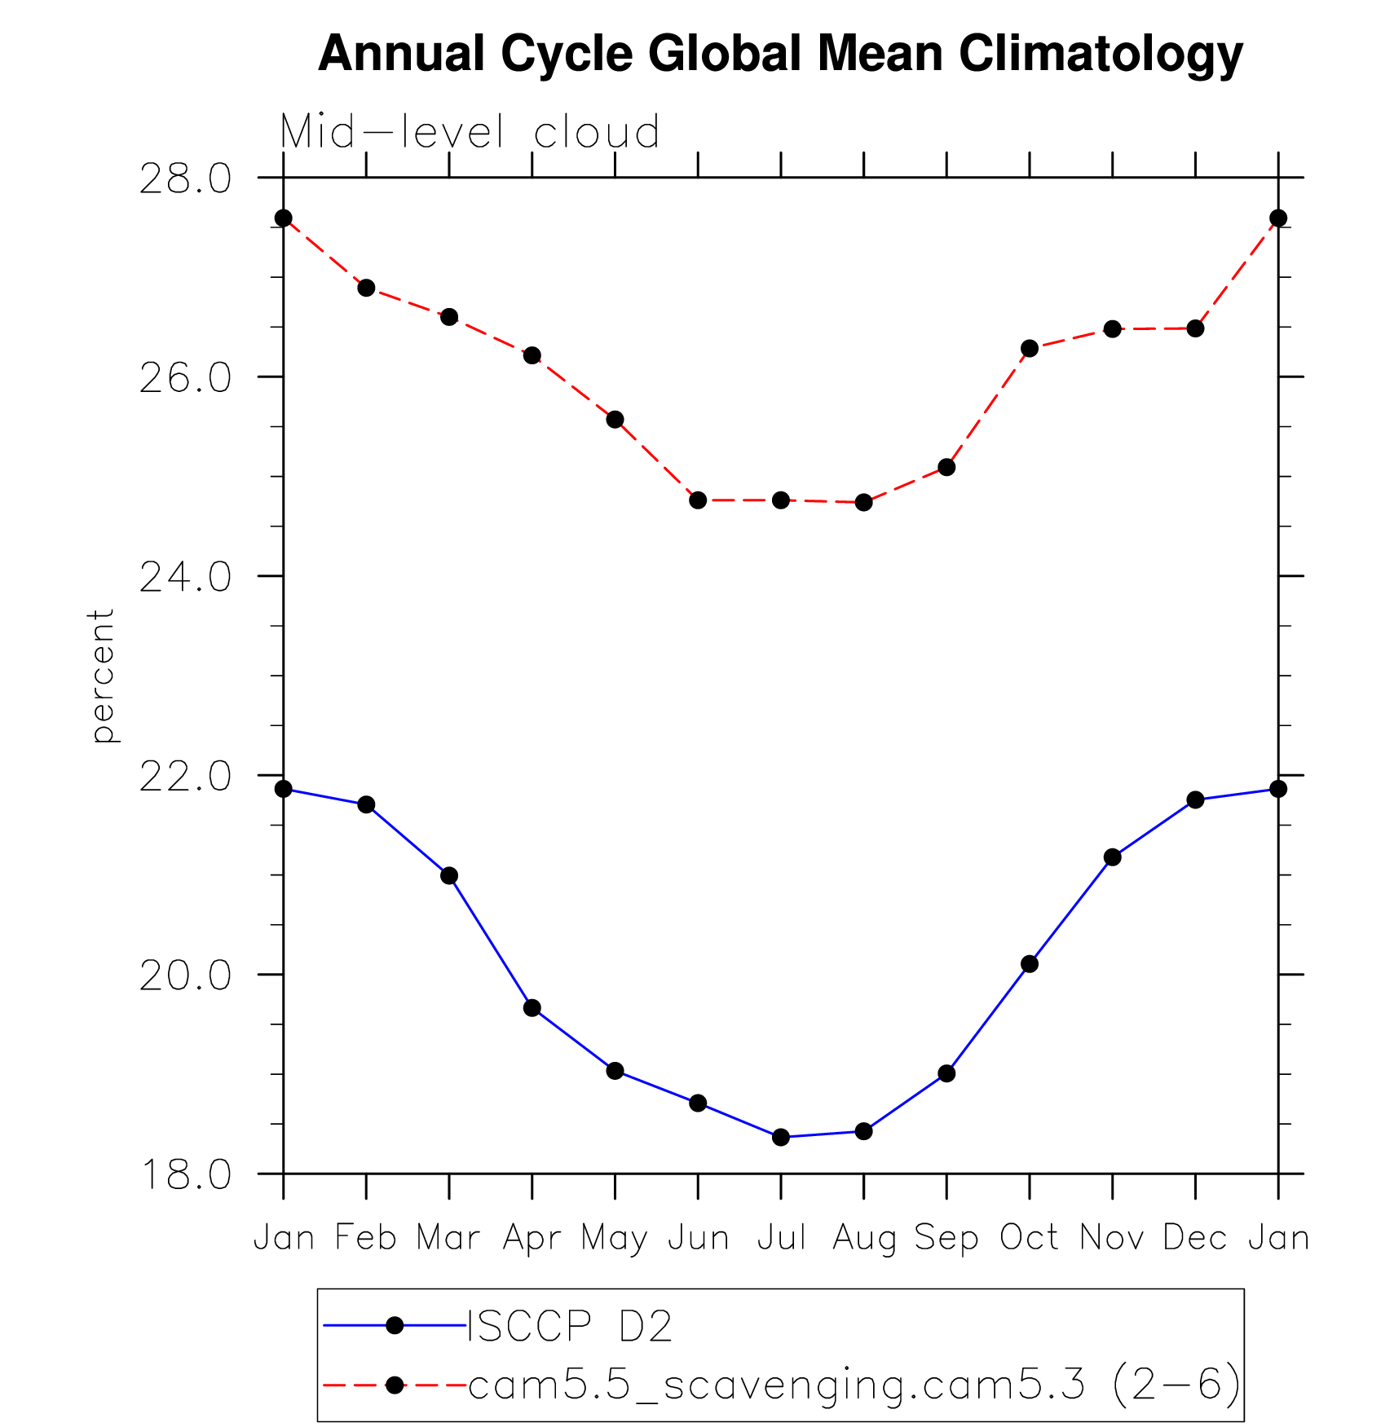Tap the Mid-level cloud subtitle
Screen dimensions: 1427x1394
pos(470,132)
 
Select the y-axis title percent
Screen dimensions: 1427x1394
pos(103,676)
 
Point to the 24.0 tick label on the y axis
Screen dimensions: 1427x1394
pos(185,577)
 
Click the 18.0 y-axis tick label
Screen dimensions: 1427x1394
pos(185,1174)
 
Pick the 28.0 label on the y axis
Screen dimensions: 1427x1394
pos(185,178)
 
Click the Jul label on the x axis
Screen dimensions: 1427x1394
pos(781,1238)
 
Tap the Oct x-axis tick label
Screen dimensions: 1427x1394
pos(1029,1238)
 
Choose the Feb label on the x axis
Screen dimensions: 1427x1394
pos(366,1238)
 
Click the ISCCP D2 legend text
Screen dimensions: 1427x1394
pos(570,1327)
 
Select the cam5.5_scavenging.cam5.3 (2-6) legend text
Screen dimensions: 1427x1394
pos(854,1385)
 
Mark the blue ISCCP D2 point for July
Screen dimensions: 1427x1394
pos(781,1137)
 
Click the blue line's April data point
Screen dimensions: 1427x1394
pos(532,1008)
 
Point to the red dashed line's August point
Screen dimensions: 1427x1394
pos(864,502)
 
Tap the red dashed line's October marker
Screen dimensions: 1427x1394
pos(1030,348)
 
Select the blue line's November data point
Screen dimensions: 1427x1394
pos(1113,857)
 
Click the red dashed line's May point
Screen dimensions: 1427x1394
pos(615,420)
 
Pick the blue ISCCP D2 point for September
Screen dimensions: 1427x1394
pos(946,1073)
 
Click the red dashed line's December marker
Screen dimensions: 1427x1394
pos(1195,328)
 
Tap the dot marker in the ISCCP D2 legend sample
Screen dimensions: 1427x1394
pos(395,1326)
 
